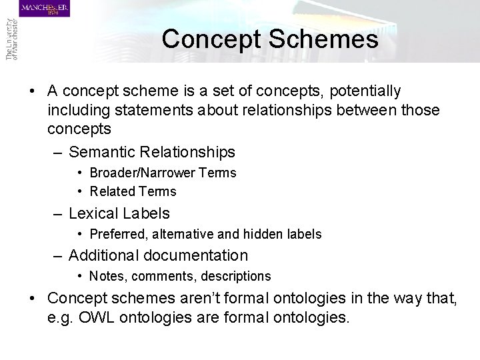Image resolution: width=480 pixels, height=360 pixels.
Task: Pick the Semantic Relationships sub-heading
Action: click(152, 153)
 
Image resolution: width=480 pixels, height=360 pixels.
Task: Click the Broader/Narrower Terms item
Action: click(163, 173)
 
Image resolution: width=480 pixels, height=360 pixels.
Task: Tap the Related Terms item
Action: click(133, 191)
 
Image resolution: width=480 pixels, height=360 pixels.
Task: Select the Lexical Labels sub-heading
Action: click(119, 213)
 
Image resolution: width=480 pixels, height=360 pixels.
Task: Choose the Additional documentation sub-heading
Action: click(158, 255)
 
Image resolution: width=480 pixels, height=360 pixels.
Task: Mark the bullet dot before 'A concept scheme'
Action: click(33, 91)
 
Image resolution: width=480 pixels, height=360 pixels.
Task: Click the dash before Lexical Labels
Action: click(59, 213)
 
